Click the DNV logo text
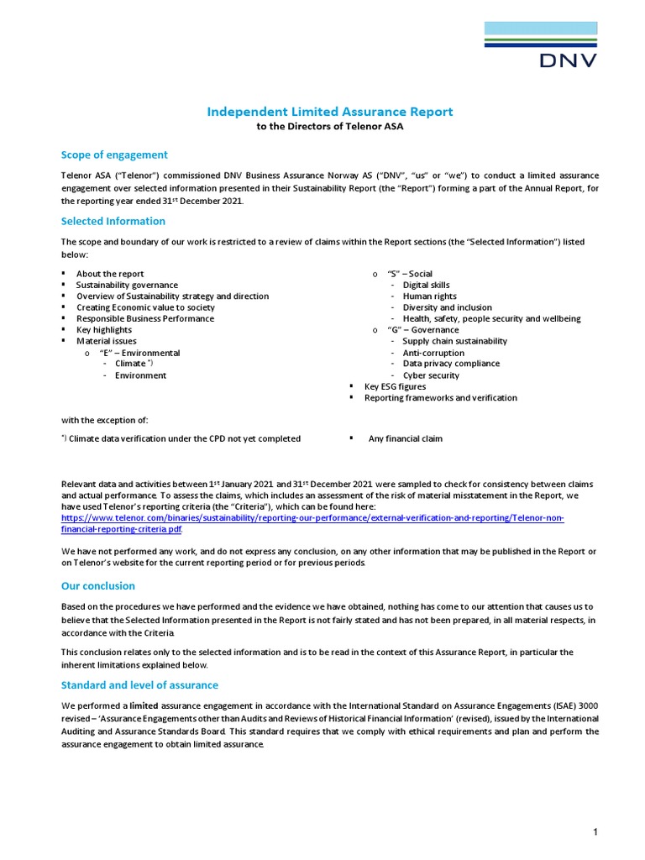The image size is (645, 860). coord(568,60)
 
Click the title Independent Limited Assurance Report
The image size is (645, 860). coord(330,112)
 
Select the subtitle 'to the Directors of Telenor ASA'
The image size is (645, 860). coord(330,127)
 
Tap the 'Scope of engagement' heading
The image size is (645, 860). coord(114,155)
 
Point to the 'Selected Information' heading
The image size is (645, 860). coord(113,222)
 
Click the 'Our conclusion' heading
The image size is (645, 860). coord(97,586)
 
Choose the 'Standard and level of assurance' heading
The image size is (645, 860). coord(139,685)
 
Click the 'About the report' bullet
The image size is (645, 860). coord(110,274)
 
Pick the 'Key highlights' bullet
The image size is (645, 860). coord(104,330)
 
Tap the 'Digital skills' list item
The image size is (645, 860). coord(426,286)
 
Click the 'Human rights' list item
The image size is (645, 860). coord(429,296)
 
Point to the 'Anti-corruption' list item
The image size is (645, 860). coord(433,353)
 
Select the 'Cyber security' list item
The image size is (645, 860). coord(431,375)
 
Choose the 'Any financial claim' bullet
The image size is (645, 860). coord(405,438)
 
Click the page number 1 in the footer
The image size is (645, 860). coord(595,832)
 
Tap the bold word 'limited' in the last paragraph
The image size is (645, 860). coord(144,706)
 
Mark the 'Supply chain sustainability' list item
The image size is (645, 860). coord(454,341)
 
